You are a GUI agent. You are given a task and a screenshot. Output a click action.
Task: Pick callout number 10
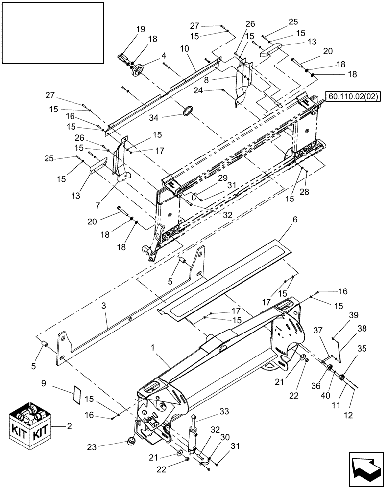click(184, 49)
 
